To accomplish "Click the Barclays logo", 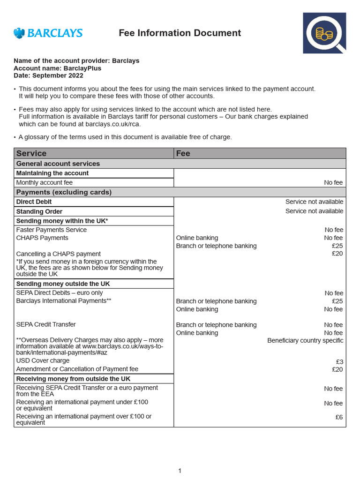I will (48, 33).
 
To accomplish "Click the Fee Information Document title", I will (180, 33).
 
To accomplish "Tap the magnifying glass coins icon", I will (324, 33).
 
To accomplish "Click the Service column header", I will (31, 153).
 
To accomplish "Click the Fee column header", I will (183, 153).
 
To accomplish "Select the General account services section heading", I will (58, 164).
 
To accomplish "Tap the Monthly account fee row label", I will (45, 182).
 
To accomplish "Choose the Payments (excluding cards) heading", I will (64, 192).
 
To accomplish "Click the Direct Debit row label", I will (34, 202).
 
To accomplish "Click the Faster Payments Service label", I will (52, 230).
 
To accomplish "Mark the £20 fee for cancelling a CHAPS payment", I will (337, 254).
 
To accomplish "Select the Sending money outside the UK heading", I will (63, 284).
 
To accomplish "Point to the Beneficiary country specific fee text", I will (305, 340).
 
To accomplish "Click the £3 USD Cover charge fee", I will (339, 361).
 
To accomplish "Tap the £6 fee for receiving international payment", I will (339, 417).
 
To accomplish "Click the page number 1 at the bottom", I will (180, 471).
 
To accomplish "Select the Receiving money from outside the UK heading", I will (73, 379).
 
